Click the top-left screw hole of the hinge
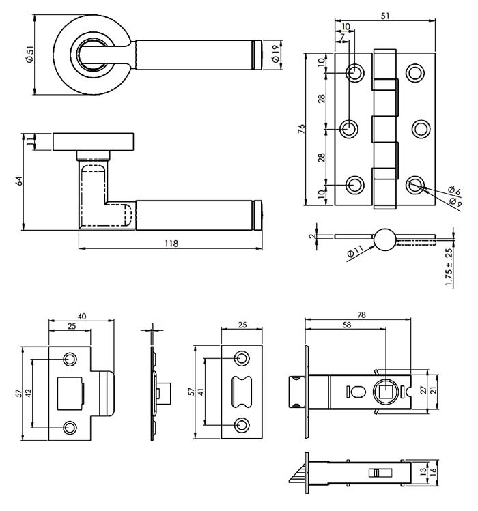click(355, 73)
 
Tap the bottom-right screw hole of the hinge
click(415, 184)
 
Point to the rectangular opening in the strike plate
click(70, 393)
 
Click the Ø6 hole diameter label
click(452, 190)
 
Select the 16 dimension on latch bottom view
click(434, 471)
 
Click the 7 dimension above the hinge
click(342, 37)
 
